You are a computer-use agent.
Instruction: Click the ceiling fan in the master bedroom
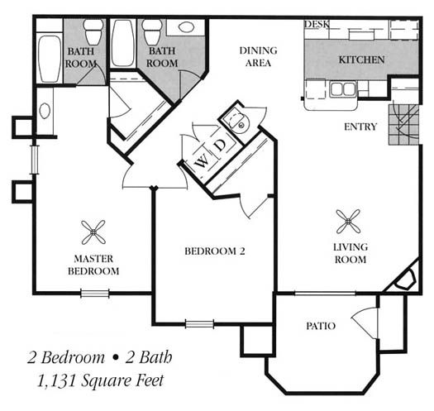click(x=93, y=232)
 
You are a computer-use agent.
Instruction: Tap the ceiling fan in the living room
click(x=348, y=222)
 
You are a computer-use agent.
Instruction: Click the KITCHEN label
click(x=362, y=60)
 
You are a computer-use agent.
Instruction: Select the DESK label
click(x=317, y=24)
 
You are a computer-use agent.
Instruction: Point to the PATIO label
click(x=321, y=326)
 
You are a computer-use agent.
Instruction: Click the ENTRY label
click(x=360, y=127)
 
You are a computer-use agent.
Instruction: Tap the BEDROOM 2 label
click(x=215, y=251)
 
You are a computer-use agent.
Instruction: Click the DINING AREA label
click(x=258, y=57)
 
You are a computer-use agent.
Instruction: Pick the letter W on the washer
click(x=202, y=161)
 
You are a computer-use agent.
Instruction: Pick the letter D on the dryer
click(x=221, y=146)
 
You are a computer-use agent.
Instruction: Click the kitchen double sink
click(x=343, y=89)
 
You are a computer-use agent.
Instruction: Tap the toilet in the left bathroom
click(x=94, y=32)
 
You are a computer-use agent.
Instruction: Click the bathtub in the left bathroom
click(x=50, y=59)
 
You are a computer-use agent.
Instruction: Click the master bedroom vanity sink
click(x=45, y=111)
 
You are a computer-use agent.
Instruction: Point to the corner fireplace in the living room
click(x=405, y=280)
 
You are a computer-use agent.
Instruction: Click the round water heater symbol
click(x=240, y=124)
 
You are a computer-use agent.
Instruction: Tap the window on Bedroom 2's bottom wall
click(x=199, y=324)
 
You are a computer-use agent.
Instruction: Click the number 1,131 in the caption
click(x=56, y=380)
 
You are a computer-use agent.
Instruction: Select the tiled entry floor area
click(x=404, y=125)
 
